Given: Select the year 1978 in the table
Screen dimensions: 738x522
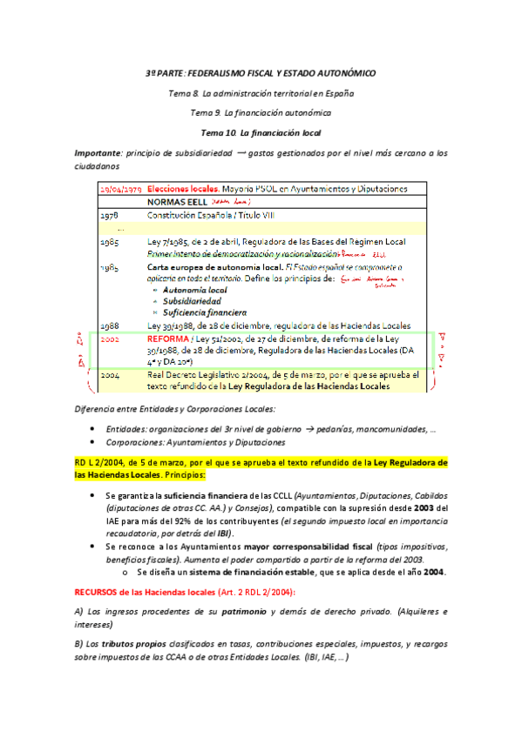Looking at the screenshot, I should pyautogui.click(x=109, y=214).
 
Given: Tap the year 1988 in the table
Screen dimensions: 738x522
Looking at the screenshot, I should pyautogui.click(x=109, y=324).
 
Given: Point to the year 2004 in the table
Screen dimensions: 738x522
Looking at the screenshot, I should pyautogui.click(x=110, y=374).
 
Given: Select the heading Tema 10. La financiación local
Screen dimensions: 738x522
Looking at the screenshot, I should pyautogui.click(x=261, y=132).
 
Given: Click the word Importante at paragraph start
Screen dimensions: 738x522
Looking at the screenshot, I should pyautogui.click(x=98, y=152).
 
